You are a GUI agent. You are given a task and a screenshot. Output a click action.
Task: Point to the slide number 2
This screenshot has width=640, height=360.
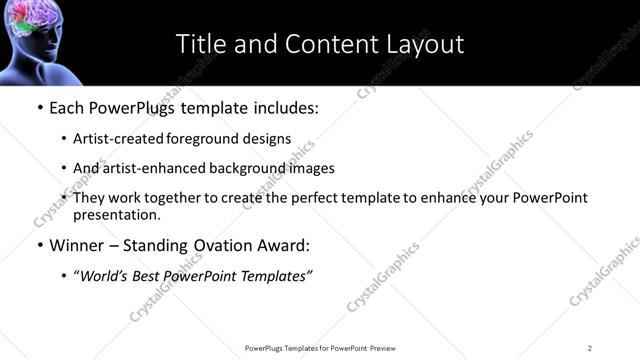590,347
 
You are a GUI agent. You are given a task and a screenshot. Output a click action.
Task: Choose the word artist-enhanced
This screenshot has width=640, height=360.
149,168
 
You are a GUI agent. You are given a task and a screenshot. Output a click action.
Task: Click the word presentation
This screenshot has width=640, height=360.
116,214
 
